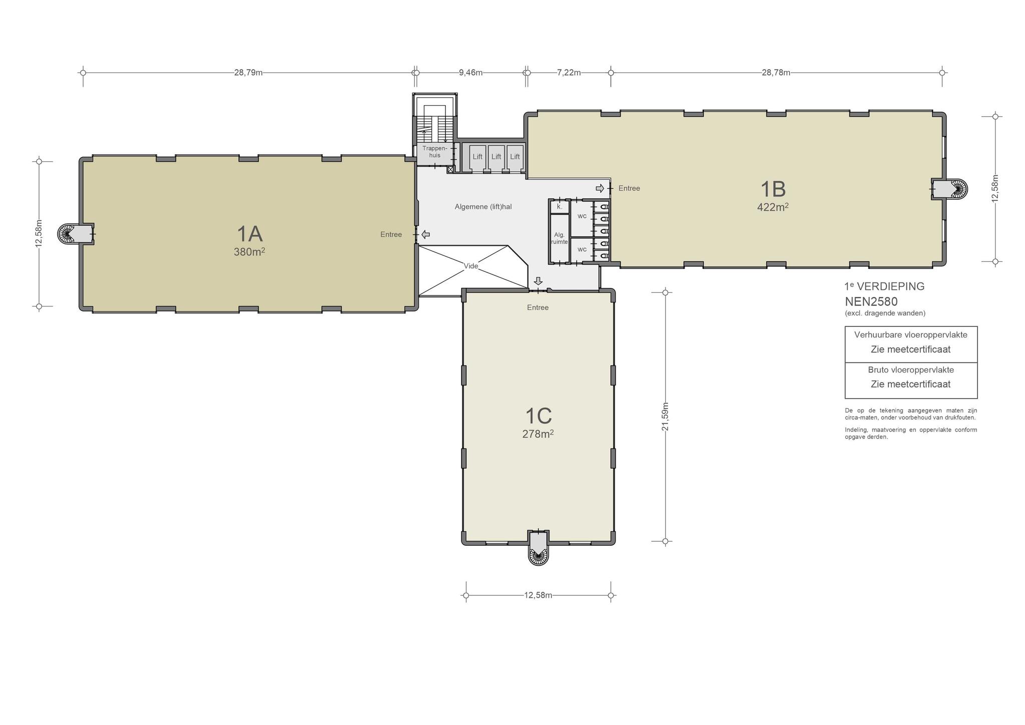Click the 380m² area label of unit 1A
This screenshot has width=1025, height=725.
point(249,252)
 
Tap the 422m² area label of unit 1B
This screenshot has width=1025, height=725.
point(773,207)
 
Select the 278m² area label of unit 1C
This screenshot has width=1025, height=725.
point(538,434)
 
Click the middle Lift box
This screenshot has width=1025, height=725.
point(496,157)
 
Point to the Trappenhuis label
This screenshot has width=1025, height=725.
point(431,152)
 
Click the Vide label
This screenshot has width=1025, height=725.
point(471,266)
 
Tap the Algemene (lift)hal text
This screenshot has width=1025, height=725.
point(483,206)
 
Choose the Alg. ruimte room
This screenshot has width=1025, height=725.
point(560,238)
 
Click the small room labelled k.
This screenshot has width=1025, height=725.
point(560,206)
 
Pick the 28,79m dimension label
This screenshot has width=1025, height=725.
point(248,73)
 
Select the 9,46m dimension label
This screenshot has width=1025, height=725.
point(470,73)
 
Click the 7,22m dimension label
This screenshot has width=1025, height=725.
point(569,73)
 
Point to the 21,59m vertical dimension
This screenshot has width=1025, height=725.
point(665,416)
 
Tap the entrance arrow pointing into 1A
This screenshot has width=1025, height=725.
point(425,234)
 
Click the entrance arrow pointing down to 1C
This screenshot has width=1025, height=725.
point(538,281)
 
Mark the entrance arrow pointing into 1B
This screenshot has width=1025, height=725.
point(600,188)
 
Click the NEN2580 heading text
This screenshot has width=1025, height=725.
point(871,301)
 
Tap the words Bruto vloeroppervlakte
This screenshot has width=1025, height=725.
point(911,370)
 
